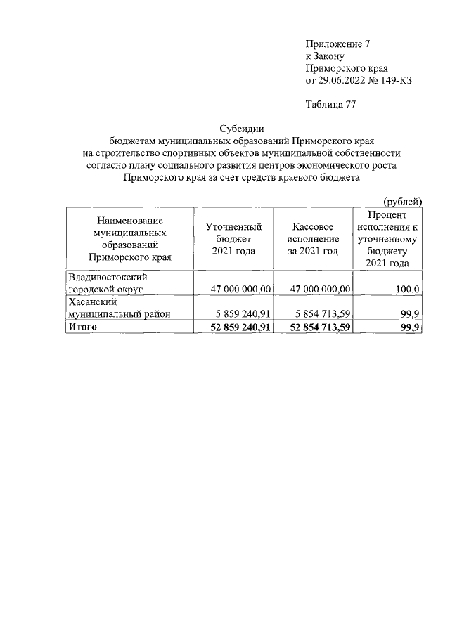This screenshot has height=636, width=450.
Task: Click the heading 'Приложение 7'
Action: click(x=337, y=44)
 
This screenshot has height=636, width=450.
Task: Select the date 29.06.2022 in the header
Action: click(x=342, y=80)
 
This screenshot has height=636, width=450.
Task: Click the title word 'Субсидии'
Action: click(x=241, y=129)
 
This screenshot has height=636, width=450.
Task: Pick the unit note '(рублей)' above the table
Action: click(x=401, y=202)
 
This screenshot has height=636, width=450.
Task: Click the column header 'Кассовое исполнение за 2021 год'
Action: click(x=312, y=239)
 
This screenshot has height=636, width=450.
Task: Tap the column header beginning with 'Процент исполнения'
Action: click(x=387, y=239)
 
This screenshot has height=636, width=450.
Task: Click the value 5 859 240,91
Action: click(x=241, y=314)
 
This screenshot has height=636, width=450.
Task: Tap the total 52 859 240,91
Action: click(x=241, y=327)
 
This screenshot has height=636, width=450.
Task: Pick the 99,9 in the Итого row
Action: click(x=410, y=327)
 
